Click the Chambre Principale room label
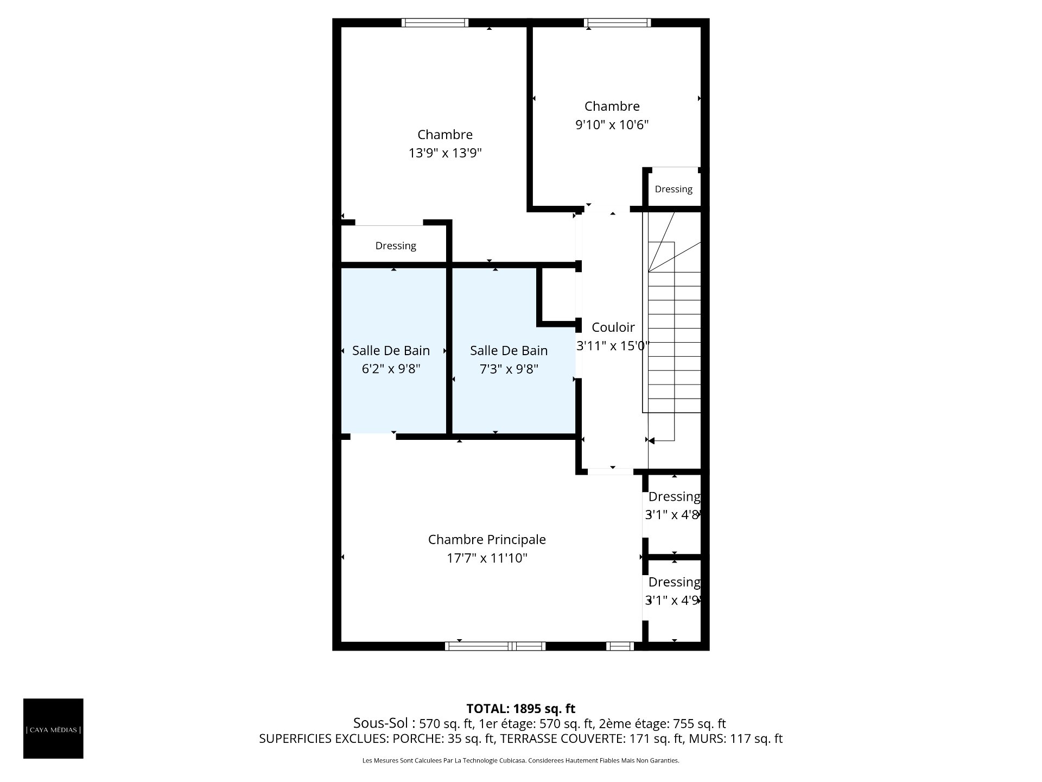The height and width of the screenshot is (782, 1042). [x=487, y=539]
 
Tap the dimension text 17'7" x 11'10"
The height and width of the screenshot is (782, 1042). [x=487, y=558]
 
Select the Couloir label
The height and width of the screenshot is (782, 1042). [x=613, y=327]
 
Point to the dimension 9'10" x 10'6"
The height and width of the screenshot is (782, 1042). [x=612, y=124]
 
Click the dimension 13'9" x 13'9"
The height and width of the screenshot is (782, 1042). [x=445, y=153]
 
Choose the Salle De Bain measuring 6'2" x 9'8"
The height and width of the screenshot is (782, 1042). [x=391, y=350]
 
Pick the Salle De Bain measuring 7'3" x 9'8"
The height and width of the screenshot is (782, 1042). [x=509, y=350]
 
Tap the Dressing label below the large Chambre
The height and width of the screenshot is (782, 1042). [x=396, y=246]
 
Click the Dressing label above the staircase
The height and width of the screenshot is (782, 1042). [x=674, y=189]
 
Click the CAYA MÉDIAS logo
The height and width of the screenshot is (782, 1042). [x=53, y=728]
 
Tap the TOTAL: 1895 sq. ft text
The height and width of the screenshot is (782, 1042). [x=520, y=708]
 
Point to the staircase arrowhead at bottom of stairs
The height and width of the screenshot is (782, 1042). [x=651, y=440]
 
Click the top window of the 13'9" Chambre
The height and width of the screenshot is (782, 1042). [x=434, y=23]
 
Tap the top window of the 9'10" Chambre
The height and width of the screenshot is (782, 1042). [x=617, y=23]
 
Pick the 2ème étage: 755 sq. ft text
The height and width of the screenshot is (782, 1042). [x=662, y=723]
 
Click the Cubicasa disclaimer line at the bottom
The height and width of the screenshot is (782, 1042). [x=520, y=761]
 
